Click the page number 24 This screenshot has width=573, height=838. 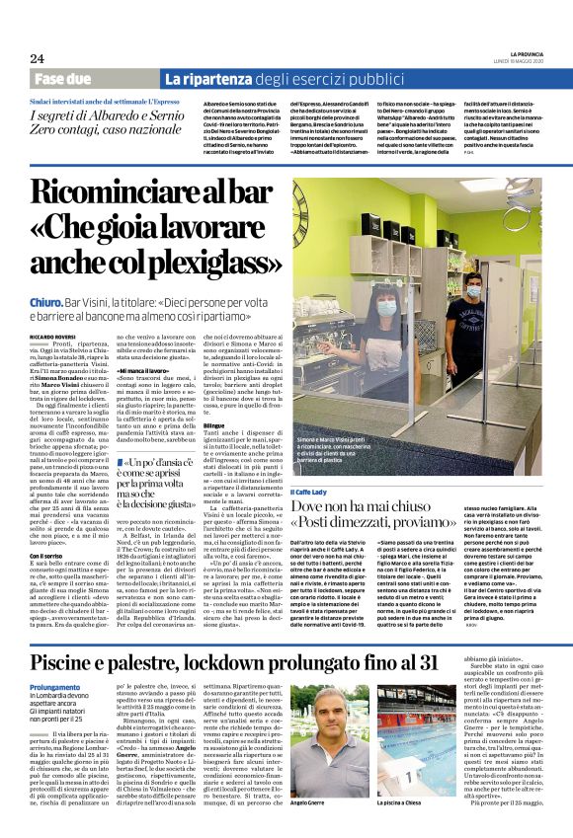pos(37,58)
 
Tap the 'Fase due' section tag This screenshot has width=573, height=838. pos(61,78)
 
